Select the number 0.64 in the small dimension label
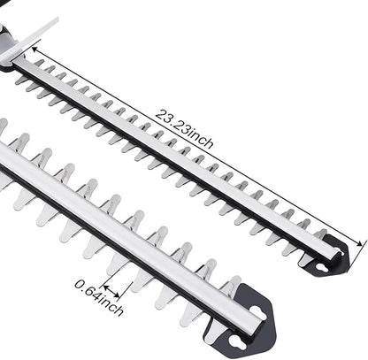91,289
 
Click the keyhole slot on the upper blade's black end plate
313,260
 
